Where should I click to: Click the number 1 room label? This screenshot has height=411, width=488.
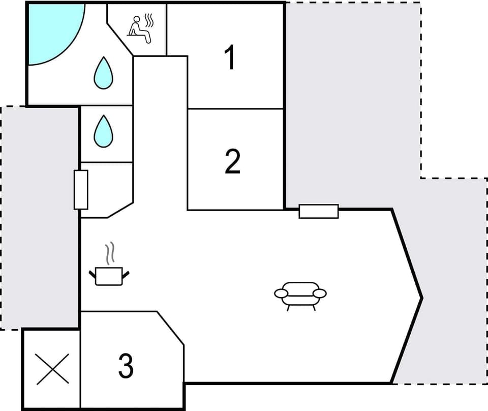click(x=230, y=57)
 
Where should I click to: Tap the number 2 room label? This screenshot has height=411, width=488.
click(x=232, y=162)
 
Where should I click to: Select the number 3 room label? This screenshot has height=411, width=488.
click(x=126, y=366)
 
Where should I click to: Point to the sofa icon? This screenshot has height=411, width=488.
click(x=300, y=295)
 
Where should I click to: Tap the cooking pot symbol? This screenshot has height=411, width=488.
click(x=109, y=276)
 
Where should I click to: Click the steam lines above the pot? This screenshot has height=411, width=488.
click(x=109, y=253)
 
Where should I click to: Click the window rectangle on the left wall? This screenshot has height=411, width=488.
click(x=81, y=190)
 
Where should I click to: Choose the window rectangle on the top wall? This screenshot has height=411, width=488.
click(x=319, y=211)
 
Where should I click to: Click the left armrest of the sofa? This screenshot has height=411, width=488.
click(x=281, y=293)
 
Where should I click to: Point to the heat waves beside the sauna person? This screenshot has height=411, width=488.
click(x=149, y=20)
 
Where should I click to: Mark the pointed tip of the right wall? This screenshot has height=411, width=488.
click(x=421, y=297)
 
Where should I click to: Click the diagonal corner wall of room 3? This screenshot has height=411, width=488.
click(x=171, y=329)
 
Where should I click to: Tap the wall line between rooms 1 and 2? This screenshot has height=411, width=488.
click(x=235, y=109)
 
